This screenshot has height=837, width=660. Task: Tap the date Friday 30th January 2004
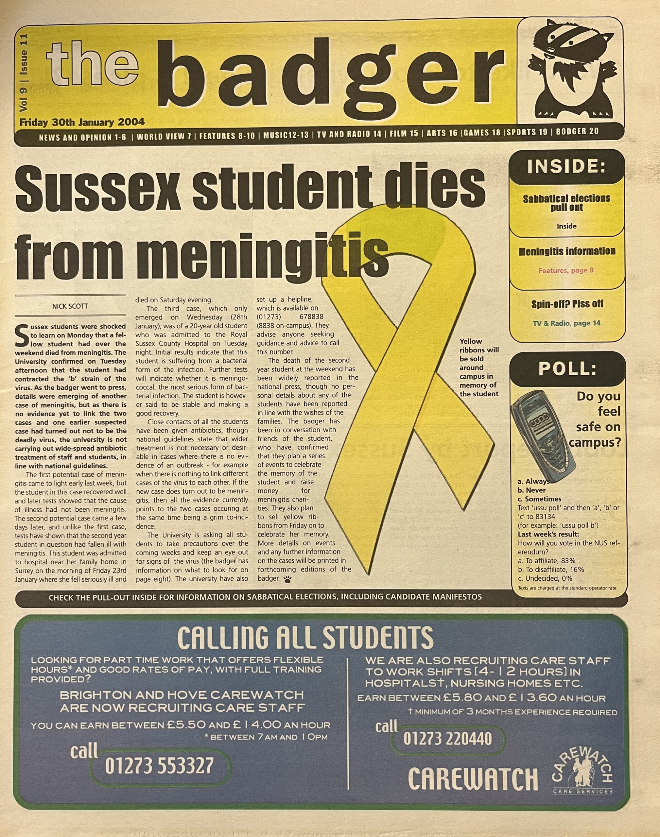tap(82, 122)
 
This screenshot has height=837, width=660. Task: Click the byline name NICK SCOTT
tap(70, 306)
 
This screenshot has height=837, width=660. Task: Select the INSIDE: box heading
tap(566, 166)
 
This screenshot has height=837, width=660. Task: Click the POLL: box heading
tap(566, 369)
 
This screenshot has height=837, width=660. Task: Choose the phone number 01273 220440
tap(447, 739)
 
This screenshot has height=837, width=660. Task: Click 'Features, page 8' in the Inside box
tap(566, 270)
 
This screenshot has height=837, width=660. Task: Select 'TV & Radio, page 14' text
tap(566, 323)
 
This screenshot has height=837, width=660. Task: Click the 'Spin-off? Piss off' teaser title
tap(567, 304)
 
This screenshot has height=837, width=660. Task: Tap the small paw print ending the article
tap(288, 579)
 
